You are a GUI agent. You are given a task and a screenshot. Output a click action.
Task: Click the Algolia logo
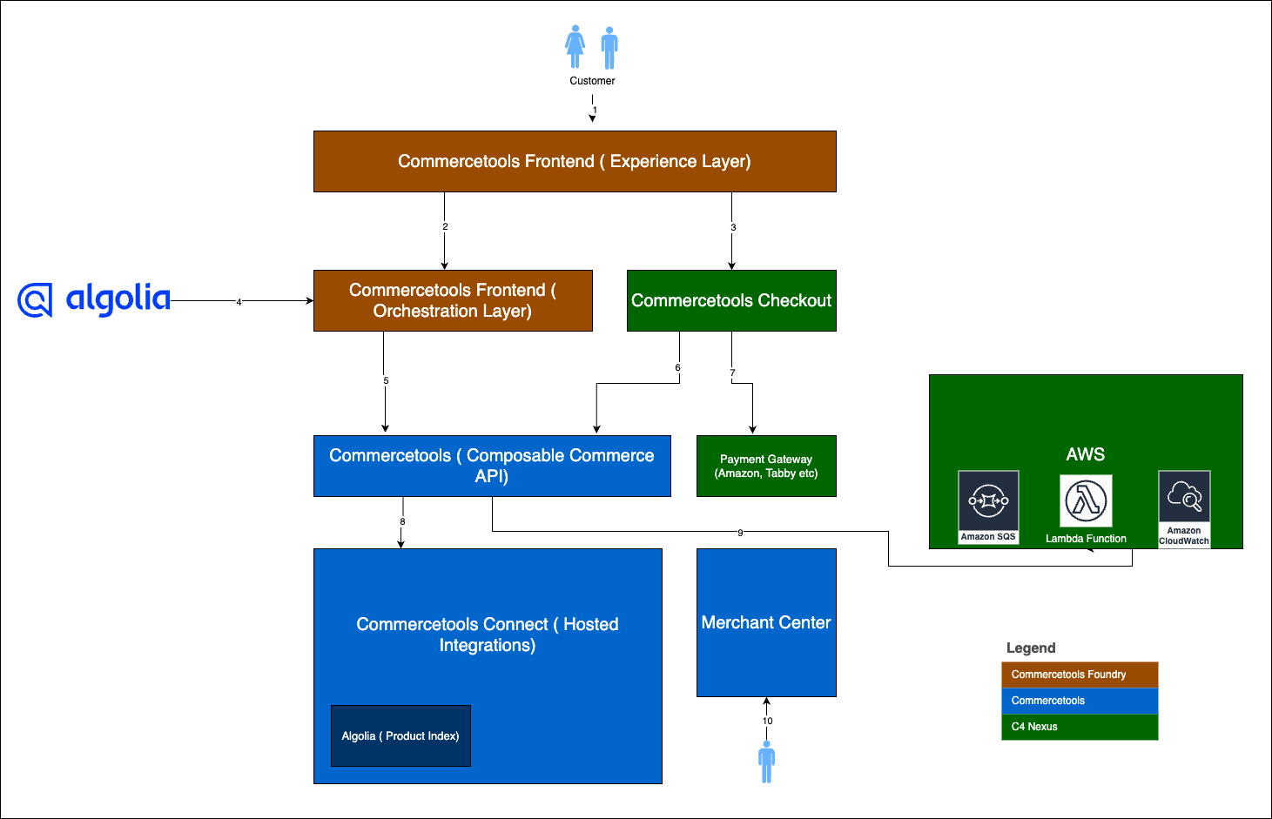click(x=94, y=299)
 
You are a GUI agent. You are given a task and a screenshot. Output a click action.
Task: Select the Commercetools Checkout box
click(x=731, y=300)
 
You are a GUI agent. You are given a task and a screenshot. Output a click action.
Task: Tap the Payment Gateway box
click(x=766, y=466)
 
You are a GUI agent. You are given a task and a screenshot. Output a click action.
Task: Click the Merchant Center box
click(x=766, y=622)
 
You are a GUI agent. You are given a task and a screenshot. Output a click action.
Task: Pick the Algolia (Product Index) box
click(x=400, y=735)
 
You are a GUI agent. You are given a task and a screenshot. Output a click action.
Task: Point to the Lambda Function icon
click(x=1086, y=500)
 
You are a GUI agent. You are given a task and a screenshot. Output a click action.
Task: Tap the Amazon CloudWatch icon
click(x=1184, y=508)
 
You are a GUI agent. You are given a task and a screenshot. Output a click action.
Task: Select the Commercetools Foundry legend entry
click(x=1080, y=675)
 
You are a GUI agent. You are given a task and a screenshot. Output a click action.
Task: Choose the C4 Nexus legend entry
click(x=1080, y=727)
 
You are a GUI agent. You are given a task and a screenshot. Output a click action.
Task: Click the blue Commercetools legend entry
click(x=1080, y=701)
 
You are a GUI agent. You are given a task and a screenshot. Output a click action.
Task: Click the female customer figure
click(x=575, y=46)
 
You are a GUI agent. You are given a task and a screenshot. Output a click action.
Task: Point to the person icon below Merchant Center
click(x=767, y=762)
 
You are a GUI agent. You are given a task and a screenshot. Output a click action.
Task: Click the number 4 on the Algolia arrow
click(x=239, y=302)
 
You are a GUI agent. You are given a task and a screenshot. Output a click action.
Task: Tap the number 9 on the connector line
click(x=740, y=533)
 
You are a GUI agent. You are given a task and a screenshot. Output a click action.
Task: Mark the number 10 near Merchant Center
click(x=767, y=721)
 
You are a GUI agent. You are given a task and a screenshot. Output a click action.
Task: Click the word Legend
click(x=1031, y=648)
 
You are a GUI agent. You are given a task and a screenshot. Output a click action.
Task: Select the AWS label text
click(x=1085, y=454)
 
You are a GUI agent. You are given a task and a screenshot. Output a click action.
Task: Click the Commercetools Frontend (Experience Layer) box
click(x=575, y=161)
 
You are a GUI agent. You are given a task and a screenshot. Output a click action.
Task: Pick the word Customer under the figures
click(x=592, y=81)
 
